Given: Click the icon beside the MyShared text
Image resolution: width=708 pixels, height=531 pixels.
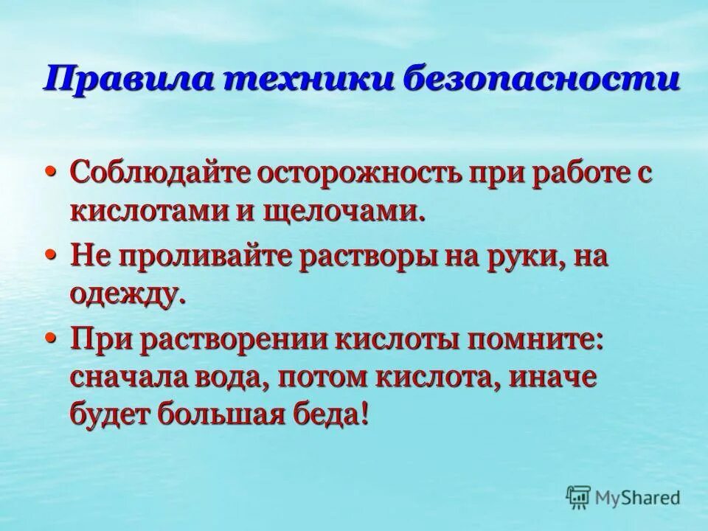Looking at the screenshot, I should [577, 497].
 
